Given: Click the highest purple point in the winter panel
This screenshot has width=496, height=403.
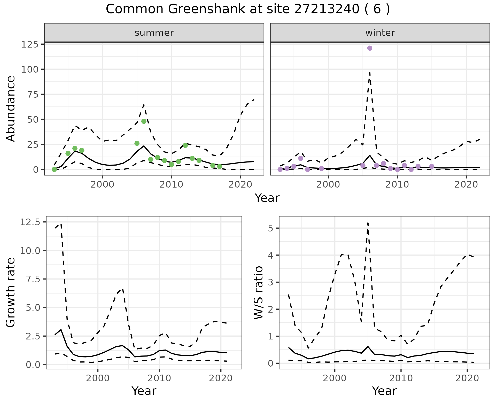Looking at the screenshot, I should click(370, 48).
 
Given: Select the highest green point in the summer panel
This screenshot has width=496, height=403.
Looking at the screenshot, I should click(144, 121).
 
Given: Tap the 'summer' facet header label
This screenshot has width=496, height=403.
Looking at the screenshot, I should click(154, 33).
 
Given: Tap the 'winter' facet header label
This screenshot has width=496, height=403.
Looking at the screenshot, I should click(380, 33).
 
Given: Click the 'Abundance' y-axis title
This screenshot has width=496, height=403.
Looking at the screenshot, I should click(11, 109).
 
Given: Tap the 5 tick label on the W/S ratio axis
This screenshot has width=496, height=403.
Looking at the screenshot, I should click(270, 228).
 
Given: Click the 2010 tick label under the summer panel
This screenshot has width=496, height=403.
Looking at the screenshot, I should click(171, 185).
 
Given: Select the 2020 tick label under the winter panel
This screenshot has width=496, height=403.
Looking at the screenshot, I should click(466, 185).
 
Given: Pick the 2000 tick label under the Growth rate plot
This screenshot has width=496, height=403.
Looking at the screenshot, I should click(98, 378).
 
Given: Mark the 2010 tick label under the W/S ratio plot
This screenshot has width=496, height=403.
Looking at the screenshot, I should click(401, 378).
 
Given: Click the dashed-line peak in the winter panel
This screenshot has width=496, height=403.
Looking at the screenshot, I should click(370, 73).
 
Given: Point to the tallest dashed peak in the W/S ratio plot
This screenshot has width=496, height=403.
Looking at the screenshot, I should click(368, 223).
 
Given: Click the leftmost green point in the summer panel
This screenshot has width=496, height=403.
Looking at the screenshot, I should click(54, 169).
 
